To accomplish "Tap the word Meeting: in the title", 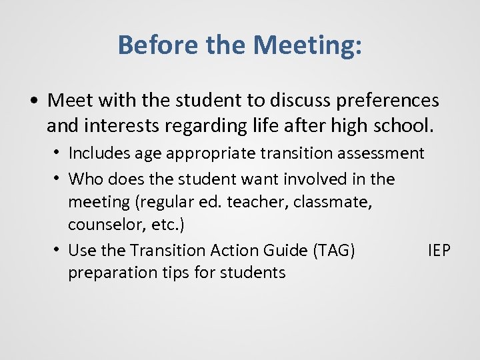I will coord(309,45).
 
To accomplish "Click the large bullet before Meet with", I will coord(33,101).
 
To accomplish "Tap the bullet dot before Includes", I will coord(59,153).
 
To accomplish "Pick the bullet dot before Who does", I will coord(59,179).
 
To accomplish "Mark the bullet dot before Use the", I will coord(59,251).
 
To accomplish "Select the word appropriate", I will coord(205,153).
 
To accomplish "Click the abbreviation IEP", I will coord(439,251).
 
